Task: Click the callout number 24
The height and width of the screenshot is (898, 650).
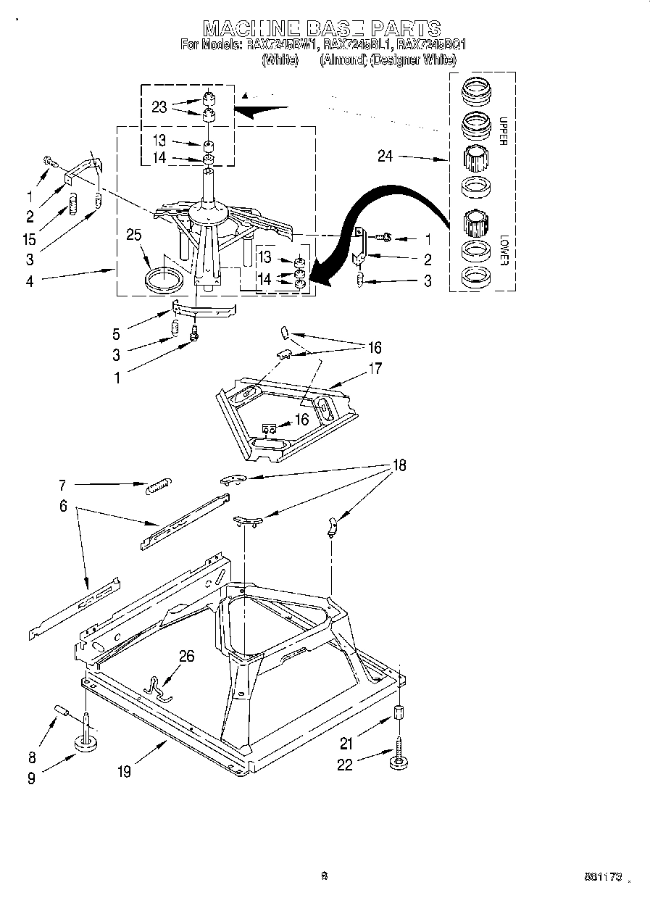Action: pyautogui.click(x=385, y=155)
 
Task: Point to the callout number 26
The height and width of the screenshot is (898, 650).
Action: pyautogui.click(x=186, y=657)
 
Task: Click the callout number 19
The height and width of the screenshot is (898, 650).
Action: pyautogui.click(x=125, y=772)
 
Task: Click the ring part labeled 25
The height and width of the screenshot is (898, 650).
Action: pyautogui.click(x=165, y=279)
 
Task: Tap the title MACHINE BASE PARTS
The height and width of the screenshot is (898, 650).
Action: pyautogui.click(x=322, y=28)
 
